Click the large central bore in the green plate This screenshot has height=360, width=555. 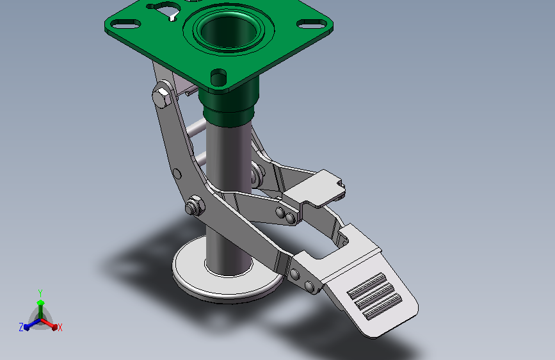[x=229, y=31]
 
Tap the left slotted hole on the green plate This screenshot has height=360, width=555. [x=125, y=24]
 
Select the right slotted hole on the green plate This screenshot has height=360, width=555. [x=312, y=24]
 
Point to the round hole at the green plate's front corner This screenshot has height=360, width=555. [x=218, y=77]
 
